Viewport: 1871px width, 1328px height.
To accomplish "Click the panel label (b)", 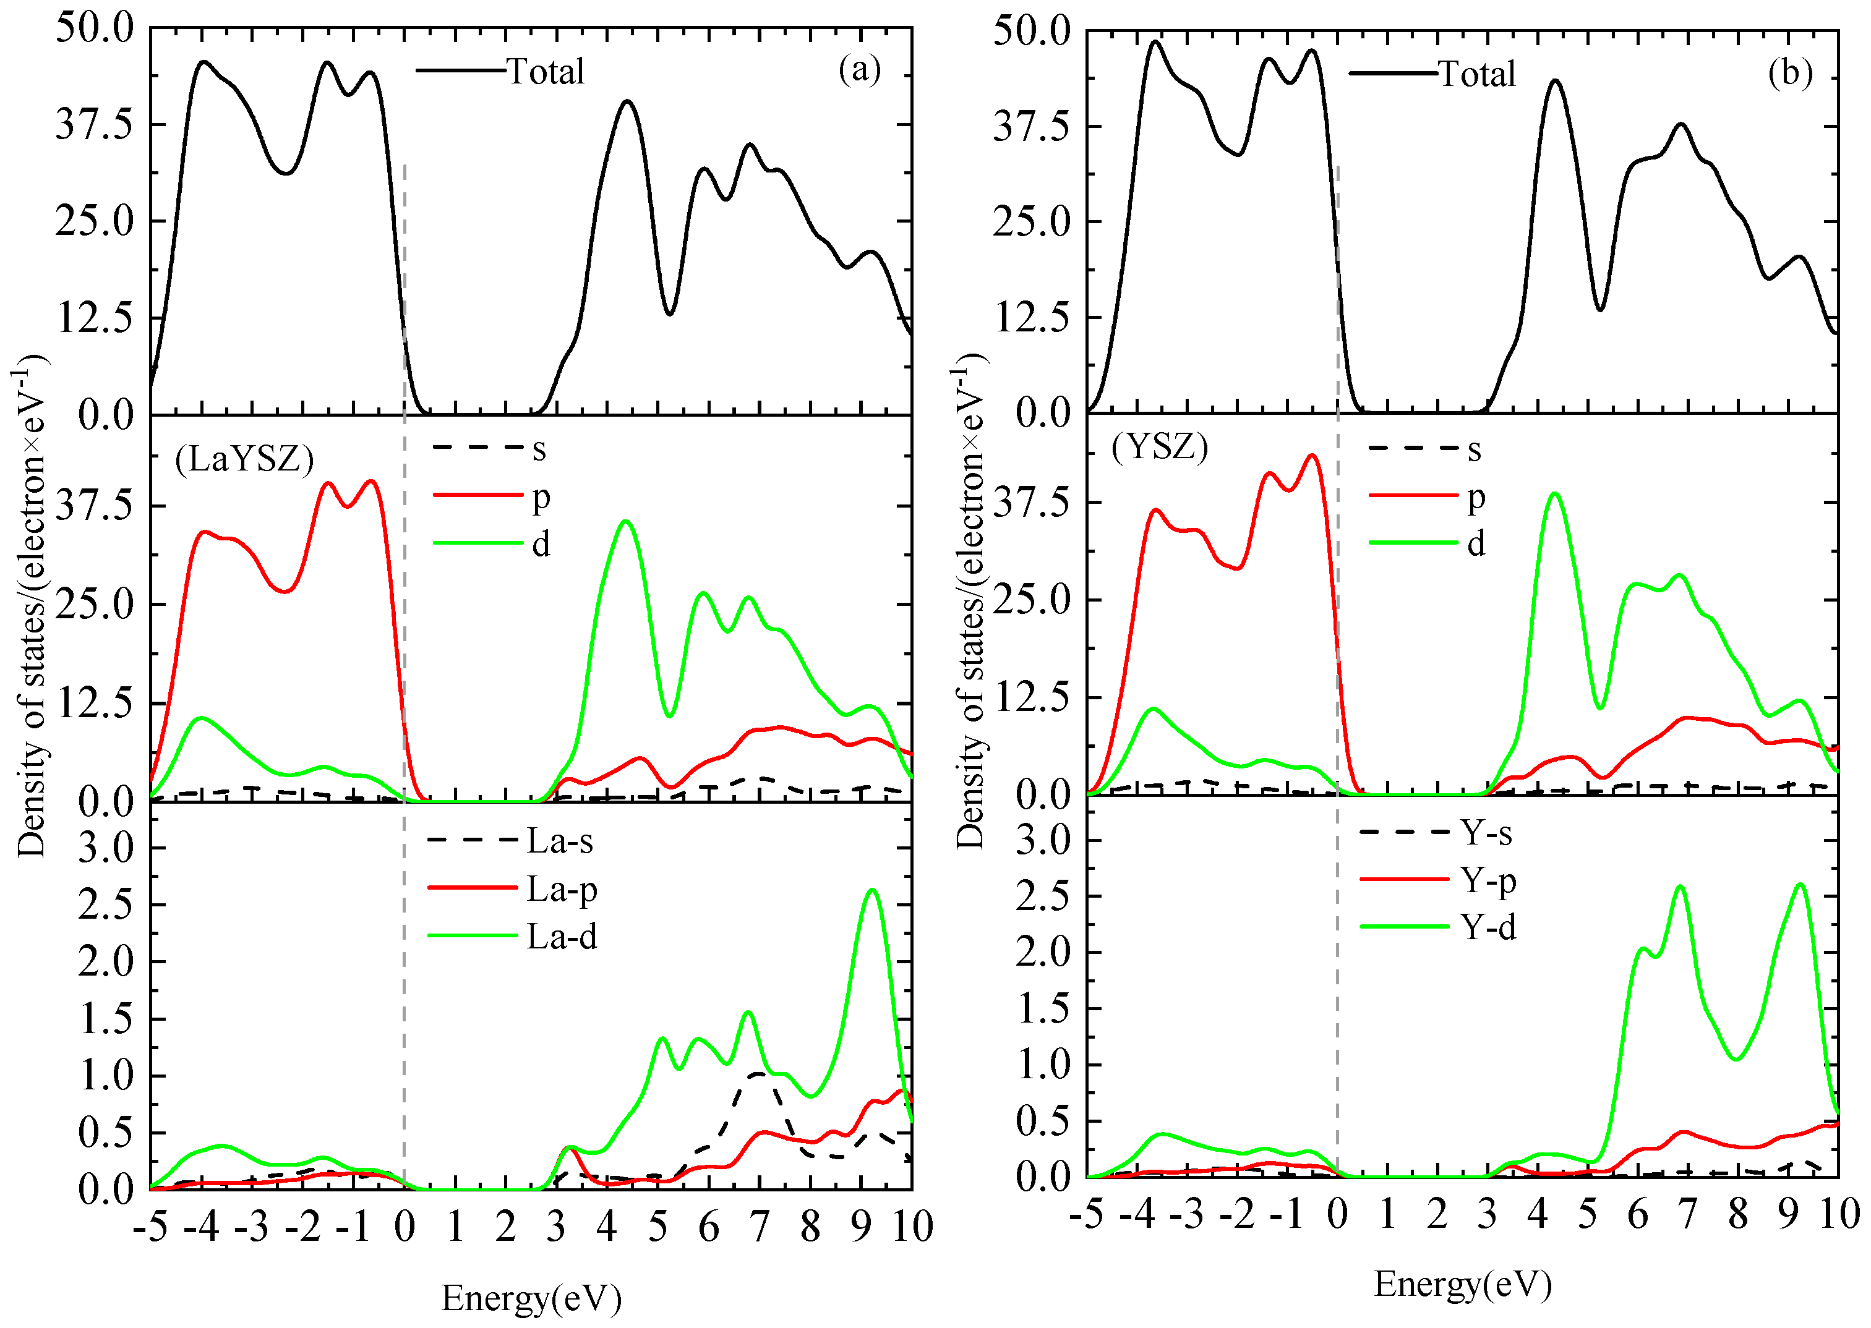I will click(x=1789, y=73).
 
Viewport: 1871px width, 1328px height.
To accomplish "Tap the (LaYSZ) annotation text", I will click(x=244, y=459).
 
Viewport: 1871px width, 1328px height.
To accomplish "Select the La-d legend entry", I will click(x=561, y=936).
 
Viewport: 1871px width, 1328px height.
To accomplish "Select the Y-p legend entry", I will click(x=1488, y=881).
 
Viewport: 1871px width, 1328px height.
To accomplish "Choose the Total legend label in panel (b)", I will click(x=1476, y=74).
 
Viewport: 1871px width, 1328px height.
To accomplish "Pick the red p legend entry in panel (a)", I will click(x=540, y=496).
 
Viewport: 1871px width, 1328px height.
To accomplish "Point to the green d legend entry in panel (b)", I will click(x=1476, y=543).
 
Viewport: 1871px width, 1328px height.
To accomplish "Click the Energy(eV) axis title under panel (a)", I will click(x=532, y=1298).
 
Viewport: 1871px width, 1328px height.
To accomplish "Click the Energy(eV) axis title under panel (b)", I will click(x=1463, y=1284).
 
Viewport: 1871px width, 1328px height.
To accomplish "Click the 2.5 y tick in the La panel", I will click(x=106, y=905).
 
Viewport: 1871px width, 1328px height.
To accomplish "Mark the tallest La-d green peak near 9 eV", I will click(x=872, y=890).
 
